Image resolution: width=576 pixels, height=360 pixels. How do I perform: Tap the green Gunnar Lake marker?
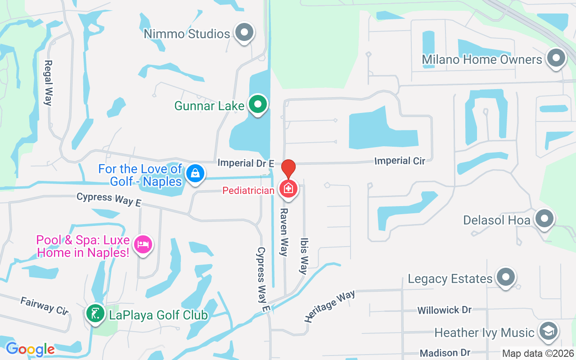click(x=258, y=104)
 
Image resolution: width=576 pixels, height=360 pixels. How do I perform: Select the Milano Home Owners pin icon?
click(x=556, y=58)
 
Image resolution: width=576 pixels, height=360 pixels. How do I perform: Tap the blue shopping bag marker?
click(x=195, y=173)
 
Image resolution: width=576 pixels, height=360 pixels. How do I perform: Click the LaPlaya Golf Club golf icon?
click(x=94, y=314)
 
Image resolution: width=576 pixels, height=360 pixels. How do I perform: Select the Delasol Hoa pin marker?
click(x=545, y=219)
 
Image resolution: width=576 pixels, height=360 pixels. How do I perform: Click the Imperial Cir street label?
click(x=400, y=161)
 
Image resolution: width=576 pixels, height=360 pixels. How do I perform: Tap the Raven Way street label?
click(x=284, y=232)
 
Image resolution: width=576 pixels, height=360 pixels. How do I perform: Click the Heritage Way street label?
click(x=329, y=306)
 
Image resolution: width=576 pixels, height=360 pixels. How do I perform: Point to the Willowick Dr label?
click(x=444, y=310)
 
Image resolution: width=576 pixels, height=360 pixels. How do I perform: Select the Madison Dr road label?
click(x=445, y=352)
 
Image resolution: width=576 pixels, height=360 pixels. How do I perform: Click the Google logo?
click(x=30, y=349)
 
